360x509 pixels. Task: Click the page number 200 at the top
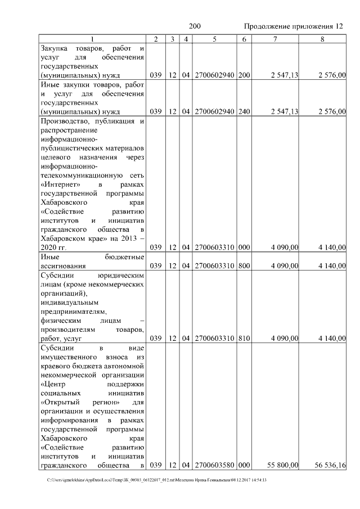pyautogui.click(x=195, y=26)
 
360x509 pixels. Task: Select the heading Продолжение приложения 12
pyautogui.click(x=293, y=26)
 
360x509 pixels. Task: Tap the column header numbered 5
pyautogui.click(x=214, y=39)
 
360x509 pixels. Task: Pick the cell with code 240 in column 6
pyautogui.click(x=244, y=111)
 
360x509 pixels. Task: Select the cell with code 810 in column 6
pyautogui.click(x=244, y=338)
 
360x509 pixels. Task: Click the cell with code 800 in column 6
pyautogui.click(x=244, y=265)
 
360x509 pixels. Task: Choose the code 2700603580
pyautogui.click(x=214, y=465)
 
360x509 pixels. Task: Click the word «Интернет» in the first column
pyautogui.click(x=60, y=184)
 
